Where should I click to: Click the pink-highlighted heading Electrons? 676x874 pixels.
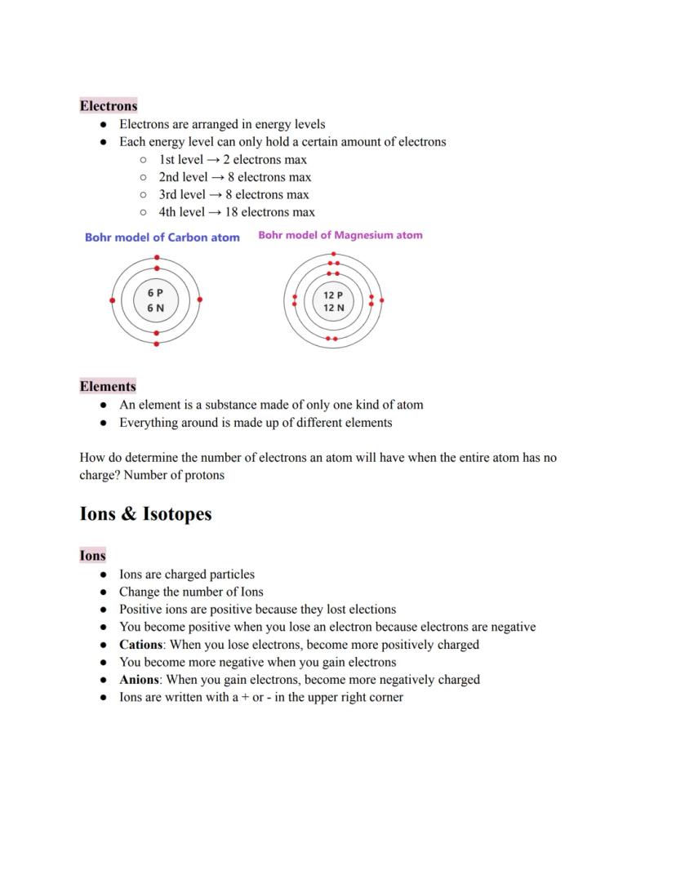coord(109,105)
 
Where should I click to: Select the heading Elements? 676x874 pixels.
coord(108,386)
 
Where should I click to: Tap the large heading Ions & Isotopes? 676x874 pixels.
coord(145,513)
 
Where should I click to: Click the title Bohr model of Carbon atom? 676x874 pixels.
coord(162,237)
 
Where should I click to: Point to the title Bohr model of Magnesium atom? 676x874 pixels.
coord(340,235)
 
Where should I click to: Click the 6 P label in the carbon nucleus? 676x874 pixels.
coord(155,292)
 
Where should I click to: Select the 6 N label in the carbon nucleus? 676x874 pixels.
coord(155,308)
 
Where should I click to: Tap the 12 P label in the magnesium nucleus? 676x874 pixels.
coord(333,295)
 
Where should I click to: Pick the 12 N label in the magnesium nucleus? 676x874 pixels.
coord(333,308)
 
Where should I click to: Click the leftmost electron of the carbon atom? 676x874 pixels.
coord(113,300)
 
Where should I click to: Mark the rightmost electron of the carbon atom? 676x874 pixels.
coord(200,299)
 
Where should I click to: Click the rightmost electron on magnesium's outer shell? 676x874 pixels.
coord(381,300)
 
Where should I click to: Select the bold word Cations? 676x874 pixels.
coord(140,645)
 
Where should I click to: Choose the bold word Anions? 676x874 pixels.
coord(139,680)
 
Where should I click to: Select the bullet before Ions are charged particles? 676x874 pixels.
coord(103,575)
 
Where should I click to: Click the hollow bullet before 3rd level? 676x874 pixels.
coord(143,195)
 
